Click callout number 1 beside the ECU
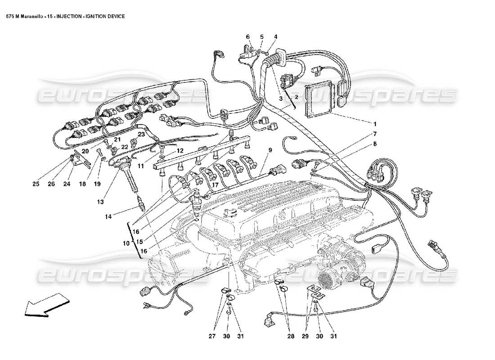click(374, 123)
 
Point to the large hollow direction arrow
click(43, 305)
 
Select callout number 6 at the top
click(247, 36)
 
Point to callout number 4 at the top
click(275, 36)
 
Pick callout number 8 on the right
click(374, 144)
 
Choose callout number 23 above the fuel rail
click(141, 134)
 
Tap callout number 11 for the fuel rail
click(141, 166)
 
